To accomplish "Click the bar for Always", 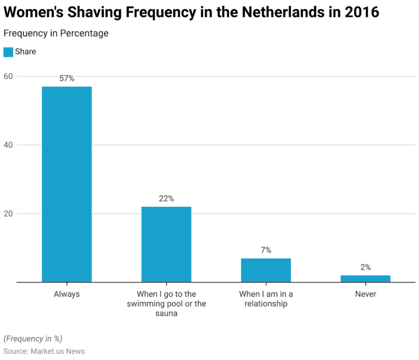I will tap(67, 184).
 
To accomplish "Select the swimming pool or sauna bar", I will tap(166, 244).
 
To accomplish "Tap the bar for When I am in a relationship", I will tap(266, 270).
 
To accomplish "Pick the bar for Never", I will tap(366, 279).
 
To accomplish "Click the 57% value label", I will tap(67, 79).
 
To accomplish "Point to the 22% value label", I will tap(166, 199).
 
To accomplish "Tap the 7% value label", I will tap(266, 250).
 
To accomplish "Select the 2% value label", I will tap(366, 267).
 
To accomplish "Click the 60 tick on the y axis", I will tap(8, 76).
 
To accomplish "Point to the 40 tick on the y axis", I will tap(8, 145).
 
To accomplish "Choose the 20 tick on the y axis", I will tap(8, 213).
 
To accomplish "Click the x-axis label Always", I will tap(67, 294).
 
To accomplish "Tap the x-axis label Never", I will tap(366, 294).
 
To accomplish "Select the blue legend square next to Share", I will tap(8, 52).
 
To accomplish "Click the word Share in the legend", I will tap(26, 52).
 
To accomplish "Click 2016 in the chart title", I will tap(362, 12).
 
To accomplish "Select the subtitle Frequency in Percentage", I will tap(56, 33).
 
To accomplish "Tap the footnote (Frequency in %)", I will tap(32, 338).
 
